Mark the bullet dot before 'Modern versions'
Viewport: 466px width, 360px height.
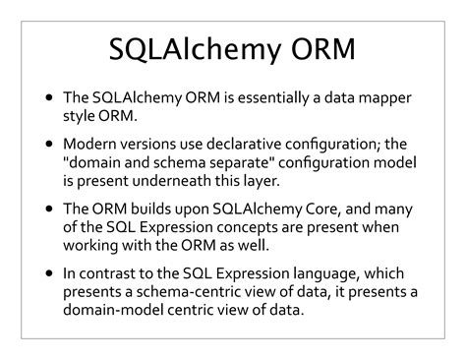pos(50,144)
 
